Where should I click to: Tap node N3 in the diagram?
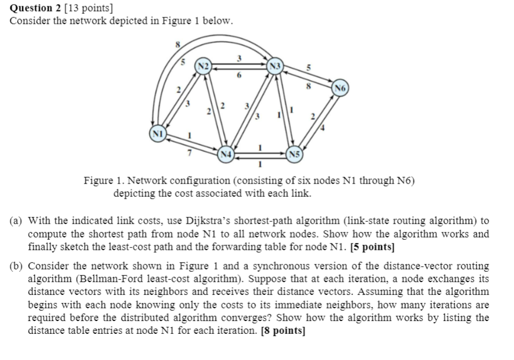(274, 65)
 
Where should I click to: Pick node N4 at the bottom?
(226, 154)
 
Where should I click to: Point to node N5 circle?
(295, 154)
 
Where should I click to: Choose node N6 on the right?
(341, 88)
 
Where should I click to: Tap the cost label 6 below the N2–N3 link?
(237, 76)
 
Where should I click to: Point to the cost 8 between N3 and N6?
(309, 86)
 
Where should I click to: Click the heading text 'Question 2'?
(36, 8)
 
